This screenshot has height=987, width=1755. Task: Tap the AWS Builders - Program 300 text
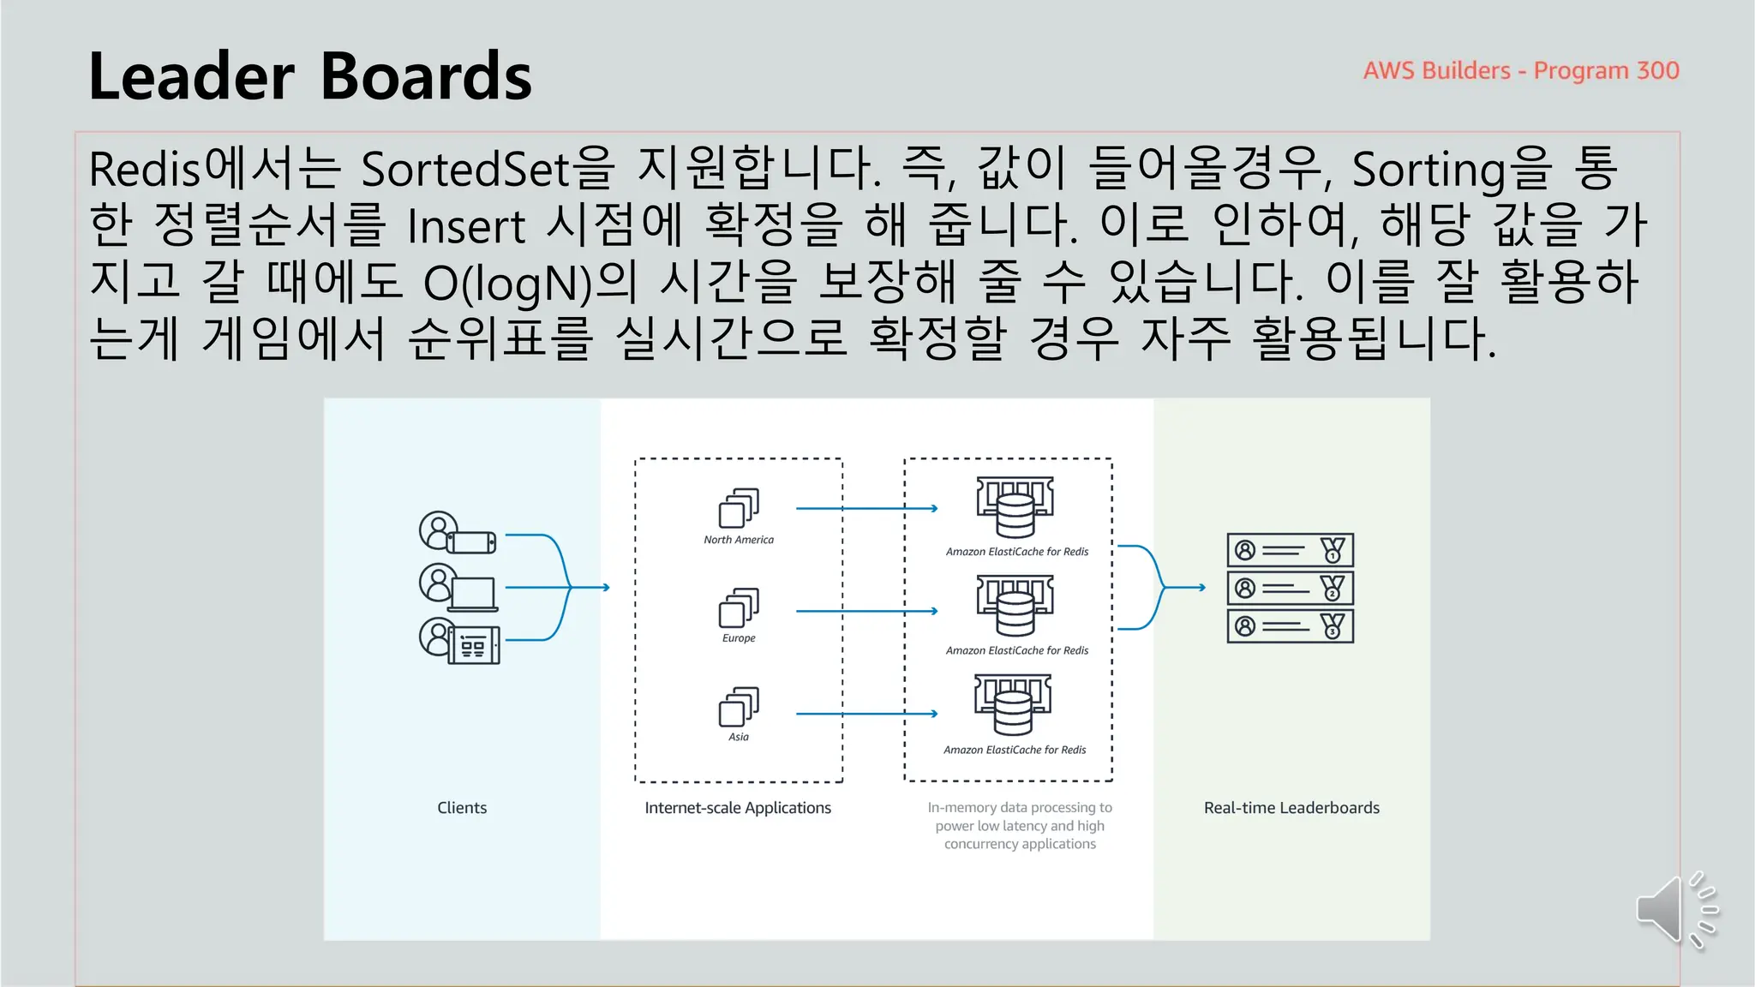(x=1520, y=70)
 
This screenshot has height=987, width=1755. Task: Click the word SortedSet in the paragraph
(x=465, y=169)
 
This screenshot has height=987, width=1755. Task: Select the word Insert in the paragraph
(x=465, y=226)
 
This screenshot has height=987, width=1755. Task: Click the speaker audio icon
(x=1674, y=910)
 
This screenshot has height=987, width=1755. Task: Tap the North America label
(x=738, y=540)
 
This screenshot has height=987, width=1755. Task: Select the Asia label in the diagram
(x=738, y=737)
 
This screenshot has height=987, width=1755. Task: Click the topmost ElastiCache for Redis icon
(x=1015, y=506)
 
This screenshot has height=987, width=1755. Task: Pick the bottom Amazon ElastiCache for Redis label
(x=1015, y=750)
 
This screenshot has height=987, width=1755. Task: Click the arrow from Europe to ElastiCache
(x=866, y=611)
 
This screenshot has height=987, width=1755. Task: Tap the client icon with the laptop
(x=458, y=587)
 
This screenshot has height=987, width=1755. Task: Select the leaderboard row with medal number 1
(x=1290, y=550)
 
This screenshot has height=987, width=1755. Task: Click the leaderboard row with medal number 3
(x=1290, y=626)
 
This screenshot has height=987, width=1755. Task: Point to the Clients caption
(x=462, y=807)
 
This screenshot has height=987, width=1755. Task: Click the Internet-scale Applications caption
(x=738, y=807)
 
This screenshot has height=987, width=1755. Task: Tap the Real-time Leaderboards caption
(x=1291, y=807)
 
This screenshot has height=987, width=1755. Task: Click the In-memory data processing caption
(x=1020, y=825)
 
